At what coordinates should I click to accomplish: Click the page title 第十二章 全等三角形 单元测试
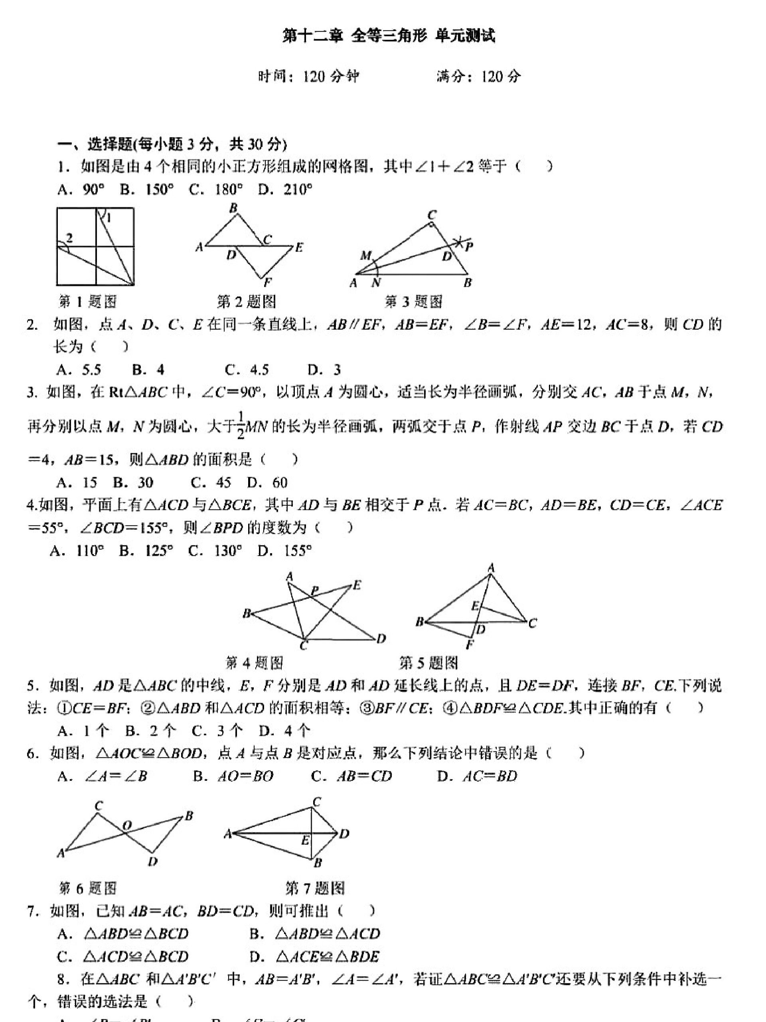388,36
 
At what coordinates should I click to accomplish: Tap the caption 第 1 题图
88,302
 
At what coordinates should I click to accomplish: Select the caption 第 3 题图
413,302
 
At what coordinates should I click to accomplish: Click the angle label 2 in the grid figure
69,238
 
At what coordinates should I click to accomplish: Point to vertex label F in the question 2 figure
267,282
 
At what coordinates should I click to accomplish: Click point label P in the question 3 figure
469,246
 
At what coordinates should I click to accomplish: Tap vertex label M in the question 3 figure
366,255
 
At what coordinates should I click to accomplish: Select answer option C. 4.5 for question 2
247,370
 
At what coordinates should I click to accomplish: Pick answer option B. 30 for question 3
133,482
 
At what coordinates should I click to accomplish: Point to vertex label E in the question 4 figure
356,585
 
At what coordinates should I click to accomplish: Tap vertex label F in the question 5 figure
470,644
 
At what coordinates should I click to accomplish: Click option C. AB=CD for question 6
351,776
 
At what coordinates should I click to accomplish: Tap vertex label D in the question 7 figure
344,834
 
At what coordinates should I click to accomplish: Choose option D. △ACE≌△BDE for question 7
314,956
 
